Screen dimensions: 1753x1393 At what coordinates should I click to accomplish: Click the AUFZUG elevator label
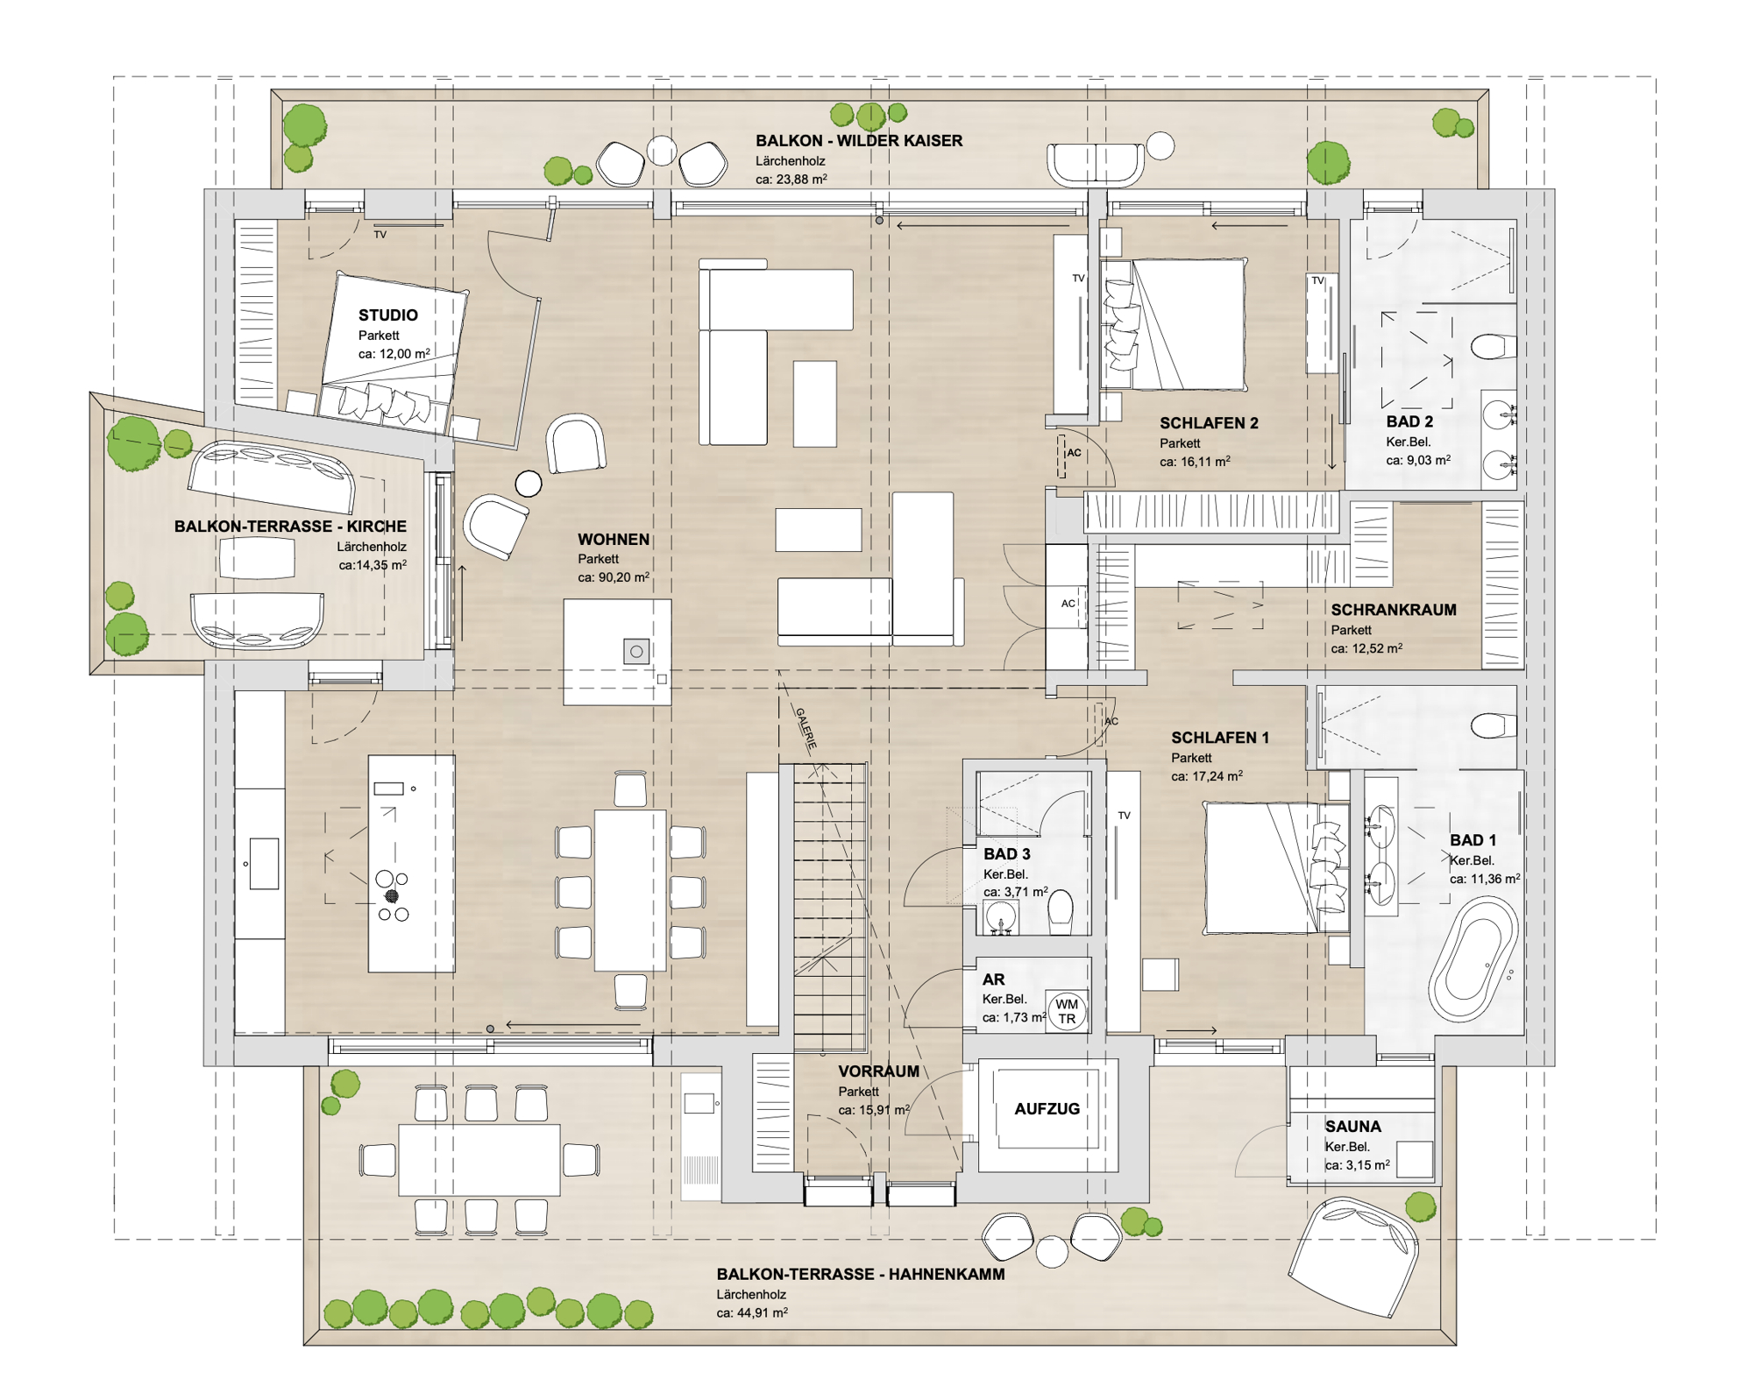(1047, 1108)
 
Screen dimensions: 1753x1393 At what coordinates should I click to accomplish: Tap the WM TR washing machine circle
(1067, 1011)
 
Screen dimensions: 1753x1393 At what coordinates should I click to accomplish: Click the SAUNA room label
(1352, 1126)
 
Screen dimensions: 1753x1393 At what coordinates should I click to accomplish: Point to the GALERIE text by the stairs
(806, 728)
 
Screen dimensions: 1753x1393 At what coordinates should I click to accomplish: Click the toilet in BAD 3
(1061, 911)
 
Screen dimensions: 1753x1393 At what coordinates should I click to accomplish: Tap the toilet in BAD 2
(1494, 347)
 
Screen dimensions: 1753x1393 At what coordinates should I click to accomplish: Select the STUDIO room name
(387, 315)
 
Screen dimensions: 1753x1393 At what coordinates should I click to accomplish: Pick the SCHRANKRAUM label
(1394, 610)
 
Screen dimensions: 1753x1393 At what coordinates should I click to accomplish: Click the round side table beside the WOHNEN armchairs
(529, 483)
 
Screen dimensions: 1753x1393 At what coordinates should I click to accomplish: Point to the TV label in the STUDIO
(380, 235)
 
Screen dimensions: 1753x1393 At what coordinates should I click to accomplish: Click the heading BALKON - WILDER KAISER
(859, 140)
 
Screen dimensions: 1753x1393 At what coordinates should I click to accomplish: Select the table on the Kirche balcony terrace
(256, 557)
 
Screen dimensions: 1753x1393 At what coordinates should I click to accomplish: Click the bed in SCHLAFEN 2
(1174, 324)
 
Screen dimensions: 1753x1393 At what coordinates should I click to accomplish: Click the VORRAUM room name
(878, 1071)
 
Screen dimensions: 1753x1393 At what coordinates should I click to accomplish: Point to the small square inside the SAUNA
(1415, 1159)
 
